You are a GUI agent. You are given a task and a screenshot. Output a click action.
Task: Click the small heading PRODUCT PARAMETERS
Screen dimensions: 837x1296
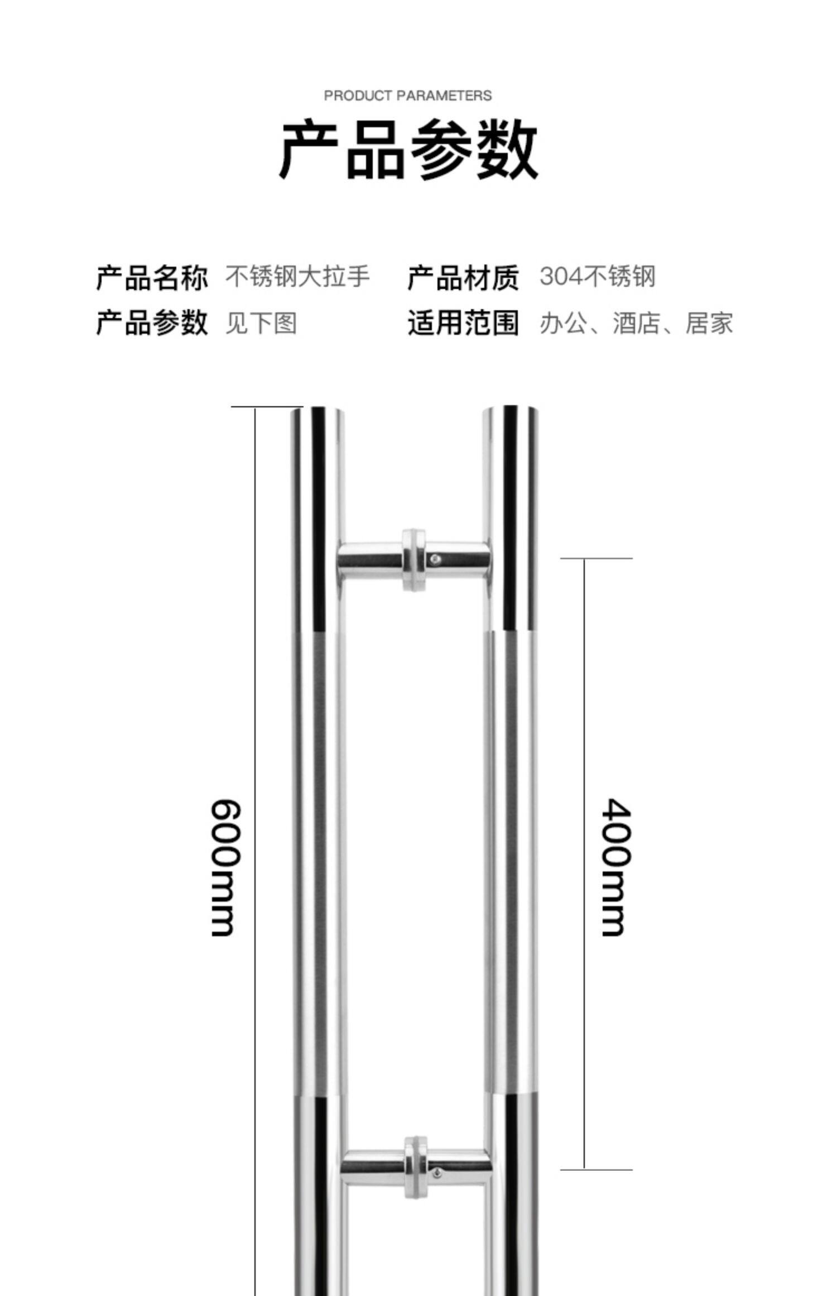click(407, 96)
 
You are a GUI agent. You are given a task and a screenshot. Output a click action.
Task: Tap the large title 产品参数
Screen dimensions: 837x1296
click(408, 149)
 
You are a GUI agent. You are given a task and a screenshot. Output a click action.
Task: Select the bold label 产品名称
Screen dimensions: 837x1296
click(152, 277)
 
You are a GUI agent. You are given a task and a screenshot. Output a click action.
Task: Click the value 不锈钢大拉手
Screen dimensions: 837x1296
click(297, 277)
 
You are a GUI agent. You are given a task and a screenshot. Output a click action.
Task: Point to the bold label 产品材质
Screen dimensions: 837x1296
click(463, 277)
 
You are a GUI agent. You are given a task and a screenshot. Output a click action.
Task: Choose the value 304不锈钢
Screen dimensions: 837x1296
click(598, 277)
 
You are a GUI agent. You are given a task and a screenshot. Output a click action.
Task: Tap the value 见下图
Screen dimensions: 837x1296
click(261, 323)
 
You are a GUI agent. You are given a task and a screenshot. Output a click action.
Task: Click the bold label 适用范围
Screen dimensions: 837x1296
click(463, 323)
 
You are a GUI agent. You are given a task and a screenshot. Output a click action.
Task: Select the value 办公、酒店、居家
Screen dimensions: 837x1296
click(636, 323)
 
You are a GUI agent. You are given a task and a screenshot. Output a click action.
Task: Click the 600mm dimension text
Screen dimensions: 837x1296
click(226, 867)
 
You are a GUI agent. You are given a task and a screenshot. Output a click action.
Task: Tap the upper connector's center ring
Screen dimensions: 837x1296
click(413, 560)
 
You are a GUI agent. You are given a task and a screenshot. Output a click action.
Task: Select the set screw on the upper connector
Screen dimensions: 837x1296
click(436, 558)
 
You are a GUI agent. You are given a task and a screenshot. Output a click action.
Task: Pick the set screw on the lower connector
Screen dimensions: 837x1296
click(437, 1174)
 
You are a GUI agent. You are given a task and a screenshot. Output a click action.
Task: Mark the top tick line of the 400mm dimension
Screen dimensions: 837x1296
click(596, 558)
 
